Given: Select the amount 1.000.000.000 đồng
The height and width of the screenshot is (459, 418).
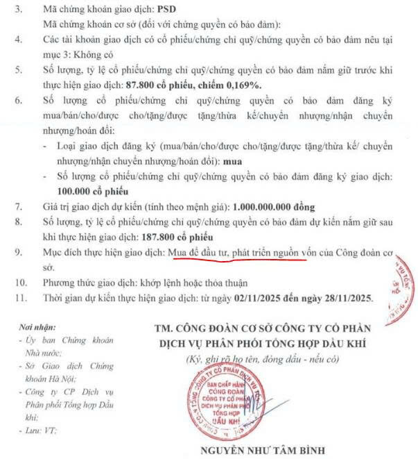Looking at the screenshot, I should [274, 206].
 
